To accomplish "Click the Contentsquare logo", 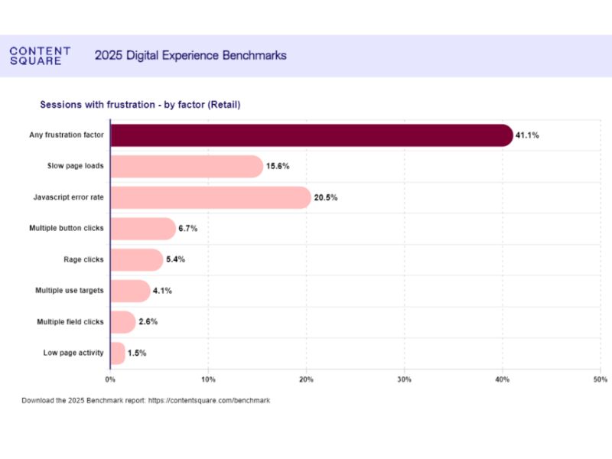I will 40,56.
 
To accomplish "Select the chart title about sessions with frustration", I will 140,105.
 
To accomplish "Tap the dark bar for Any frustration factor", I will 311,135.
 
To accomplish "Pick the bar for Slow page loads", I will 186,166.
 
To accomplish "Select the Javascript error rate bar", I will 210,197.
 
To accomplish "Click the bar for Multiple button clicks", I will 143,229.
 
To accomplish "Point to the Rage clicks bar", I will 137,259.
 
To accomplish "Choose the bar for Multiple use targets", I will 130,291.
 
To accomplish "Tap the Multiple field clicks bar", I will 123,322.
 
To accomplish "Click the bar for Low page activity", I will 118,353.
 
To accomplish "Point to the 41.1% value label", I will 527,135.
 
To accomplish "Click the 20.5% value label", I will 325,197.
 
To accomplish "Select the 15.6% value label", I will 277,166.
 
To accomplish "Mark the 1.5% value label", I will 137,353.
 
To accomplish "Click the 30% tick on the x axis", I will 405,379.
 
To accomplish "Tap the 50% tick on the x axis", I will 601,379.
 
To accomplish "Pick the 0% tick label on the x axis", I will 110,379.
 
